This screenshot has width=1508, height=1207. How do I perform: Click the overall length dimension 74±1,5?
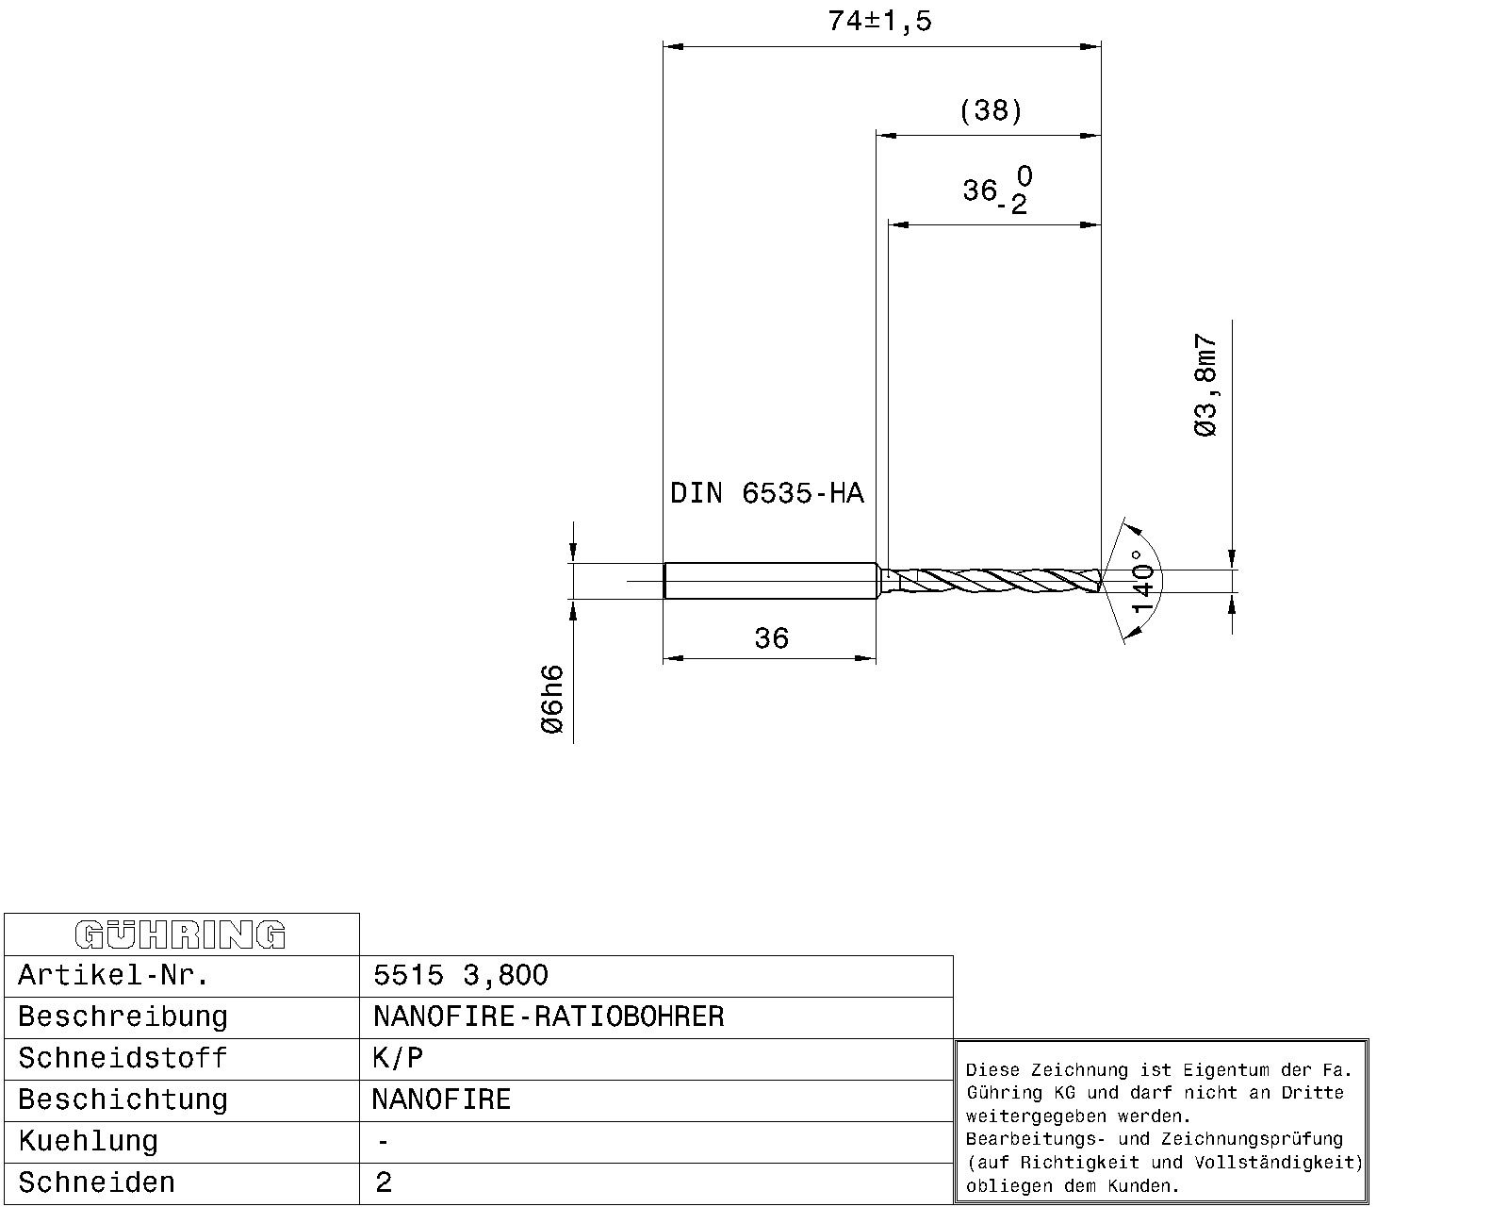tap(879, 21)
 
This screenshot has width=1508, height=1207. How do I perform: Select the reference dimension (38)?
tap(990, 110)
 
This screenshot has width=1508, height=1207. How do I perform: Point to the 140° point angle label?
tap(1142, 581)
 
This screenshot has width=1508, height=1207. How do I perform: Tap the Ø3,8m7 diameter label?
tap(1205, 386)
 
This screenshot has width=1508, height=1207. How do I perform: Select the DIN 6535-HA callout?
tap(766, 493)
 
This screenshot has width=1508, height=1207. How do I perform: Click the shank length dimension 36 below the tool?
tap(771, 639)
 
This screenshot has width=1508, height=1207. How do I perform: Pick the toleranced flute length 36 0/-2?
tap(996, 190)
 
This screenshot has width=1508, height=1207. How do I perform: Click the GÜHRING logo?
tap(180, 934)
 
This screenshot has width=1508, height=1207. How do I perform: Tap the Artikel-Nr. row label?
tap(113, 975)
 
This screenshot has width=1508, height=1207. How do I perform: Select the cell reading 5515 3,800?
tap(460, 975)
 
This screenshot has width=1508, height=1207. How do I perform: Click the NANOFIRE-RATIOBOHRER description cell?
tap(549, 1017)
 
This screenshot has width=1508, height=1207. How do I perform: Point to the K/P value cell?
tap(398, 1058)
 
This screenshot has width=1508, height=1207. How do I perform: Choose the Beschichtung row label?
tap(123, 1100)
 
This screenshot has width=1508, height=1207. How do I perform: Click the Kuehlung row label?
tap(88, 1141)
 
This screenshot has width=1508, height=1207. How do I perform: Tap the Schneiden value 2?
tap(383, 1182)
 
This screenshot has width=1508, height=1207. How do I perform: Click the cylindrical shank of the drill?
tap(771, 580)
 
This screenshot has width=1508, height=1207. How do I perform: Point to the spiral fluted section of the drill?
tap(999, 580)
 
